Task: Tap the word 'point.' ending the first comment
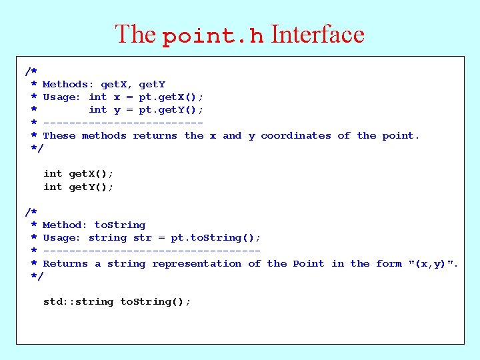401,136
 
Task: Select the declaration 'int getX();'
78,174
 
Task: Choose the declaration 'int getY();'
78,187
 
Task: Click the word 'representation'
197,264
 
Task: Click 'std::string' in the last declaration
78,302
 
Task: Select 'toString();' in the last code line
155,302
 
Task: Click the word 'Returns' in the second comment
65,264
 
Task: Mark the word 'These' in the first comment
59,136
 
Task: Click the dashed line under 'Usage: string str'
151,251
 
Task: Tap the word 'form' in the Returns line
389,264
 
